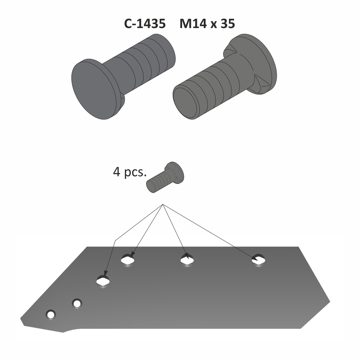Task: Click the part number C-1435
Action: (144, 24)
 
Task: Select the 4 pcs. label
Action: (129, 173)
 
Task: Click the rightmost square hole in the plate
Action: (258, 261)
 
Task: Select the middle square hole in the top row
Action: (187, 261)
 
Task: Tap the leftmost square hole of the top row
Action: (128, 261)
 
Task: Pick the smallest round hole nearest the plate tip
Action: (51, 314)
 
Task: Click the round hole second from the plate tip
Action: (77, 303)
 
